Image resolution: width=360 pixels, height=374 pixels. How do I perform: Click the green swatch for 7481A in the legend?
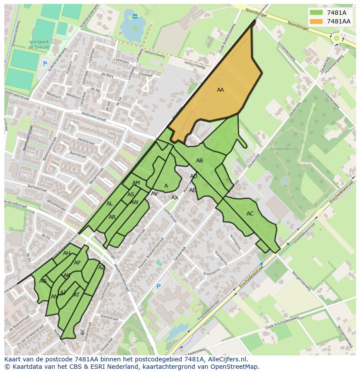317,13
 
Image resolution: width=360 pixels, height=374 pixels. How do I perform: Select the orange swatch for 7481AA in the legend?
317,21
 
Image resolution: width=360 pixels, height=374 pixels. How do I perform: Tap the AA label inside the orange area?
220,90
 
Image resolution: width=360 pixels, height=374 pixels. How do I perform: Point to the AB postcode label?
200,161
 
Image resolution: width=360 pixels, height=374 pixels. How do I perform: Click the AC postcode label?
250,214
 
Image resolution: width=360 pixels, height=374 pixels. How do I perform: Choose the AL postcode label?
110,204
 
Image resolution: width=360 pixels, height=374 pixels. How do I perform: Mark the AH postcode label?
67,253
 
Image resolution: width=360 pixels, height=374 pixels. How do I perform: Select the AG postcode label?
43,281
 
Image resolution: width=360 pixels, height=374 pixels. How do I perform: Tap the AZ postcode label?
102,268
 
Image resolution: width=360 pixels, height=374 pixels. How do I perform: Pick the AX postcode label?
175,198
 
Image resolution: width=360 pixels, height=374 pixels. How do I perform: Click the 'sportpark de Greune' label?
40,45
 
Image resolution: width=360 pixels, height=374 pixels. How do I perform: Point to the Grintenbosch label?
284,149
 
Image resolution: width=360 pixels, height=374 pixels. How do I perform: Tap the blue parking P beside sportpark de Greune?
44,64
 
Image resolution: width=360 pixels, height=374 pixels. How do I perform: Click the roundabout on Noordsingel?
336,38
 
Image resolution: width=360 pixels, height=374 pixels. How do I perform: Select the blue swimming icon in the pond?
135,17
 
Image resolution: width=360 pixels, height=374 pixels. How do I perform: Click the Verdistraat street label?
86,142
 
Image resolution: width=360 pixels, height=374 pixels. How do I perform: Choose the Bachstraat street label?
78,154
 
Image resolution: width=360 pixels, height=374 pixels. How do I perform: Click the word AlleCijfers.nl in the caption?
226,359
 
